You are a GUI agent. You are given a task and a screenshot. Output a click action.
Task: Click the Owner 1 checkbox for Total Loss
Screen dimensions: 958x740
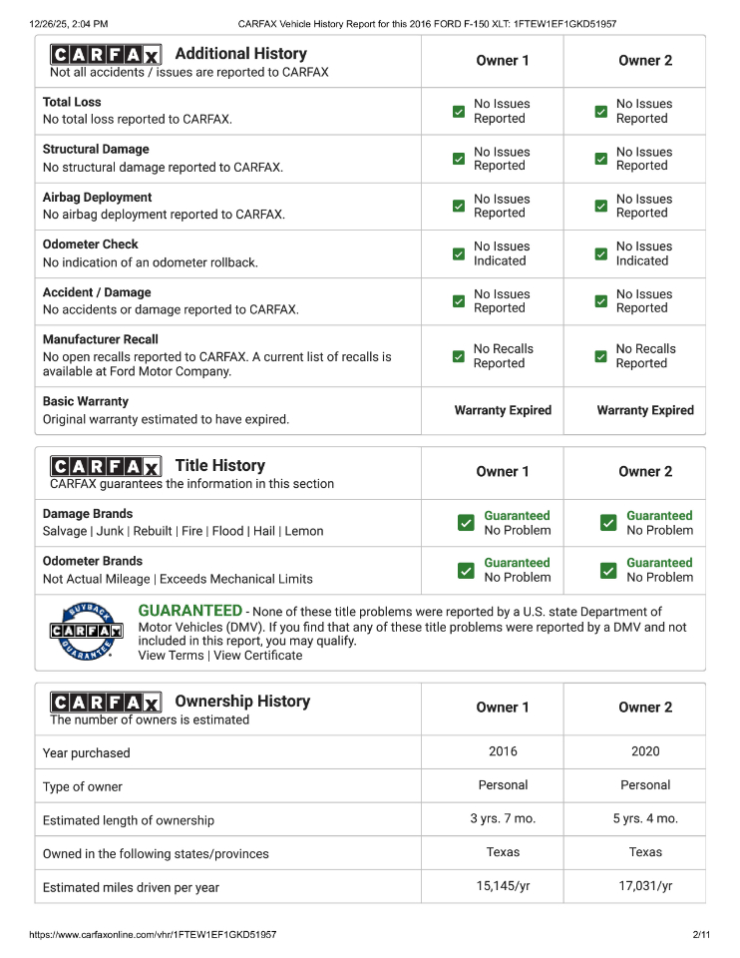point(459,111)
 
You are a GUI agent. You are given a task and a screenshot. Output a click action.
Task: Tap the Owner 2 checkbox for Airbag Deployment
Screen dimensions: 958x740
point(600,206)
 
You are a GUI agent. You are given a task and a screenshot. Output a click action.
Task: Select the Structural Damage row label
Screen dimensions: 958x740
point(96,150)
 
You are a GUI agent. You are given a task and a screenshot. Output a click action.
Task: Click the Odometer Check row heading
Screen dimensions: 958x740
point(91,244)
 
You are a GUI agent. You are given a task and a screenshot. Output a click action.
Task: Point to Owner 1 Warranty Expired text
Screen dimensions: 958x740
point(503,410)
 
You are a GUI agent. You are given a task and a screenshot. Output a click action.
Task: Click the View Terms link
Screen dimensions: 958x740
point(171,656)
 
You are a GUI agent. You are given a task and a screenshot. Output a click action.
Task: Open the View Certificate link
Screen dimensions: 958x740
point(257,656)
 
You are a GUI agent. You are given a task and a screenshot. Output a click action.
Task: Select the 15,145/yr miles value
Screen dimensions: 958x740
point(503,886)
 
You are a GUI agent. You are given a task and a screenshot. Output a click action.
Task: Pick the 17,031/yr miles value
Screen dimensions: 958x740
point(645,886)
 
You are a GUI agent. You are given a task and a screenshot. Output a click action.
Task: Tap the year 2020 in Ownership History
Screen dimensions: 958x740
point(645,751)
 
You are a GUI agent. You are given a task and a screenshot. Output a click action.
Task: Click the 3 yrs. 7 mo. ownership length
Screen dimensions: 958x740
point(503,818)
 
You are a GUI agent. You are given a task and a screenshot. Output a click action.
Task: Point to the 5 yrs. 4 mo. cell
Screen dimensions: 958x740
point(645,818)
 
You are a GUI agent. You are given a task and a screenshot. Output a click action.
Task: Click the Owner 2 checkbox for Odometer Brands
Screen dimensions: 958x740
point(608,570)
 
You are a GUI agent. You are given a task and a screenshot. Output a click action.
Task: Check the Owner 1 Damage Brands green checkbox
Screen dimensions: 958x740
point(466,523)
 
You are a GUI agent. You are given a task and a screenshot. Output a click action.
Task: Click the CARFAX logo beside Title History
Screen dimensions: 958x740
point(106,466)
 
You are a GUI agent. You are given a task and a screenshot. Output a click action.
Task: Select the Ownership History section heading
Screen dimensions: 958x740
point(242,702)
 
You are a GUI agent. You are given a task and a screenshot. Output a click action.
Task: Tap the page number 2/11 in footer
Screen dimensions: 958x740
point(700,935)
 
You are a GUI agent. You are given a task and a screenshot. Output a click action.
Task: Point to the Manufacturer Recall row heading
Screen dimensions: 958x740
point(101,339)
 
